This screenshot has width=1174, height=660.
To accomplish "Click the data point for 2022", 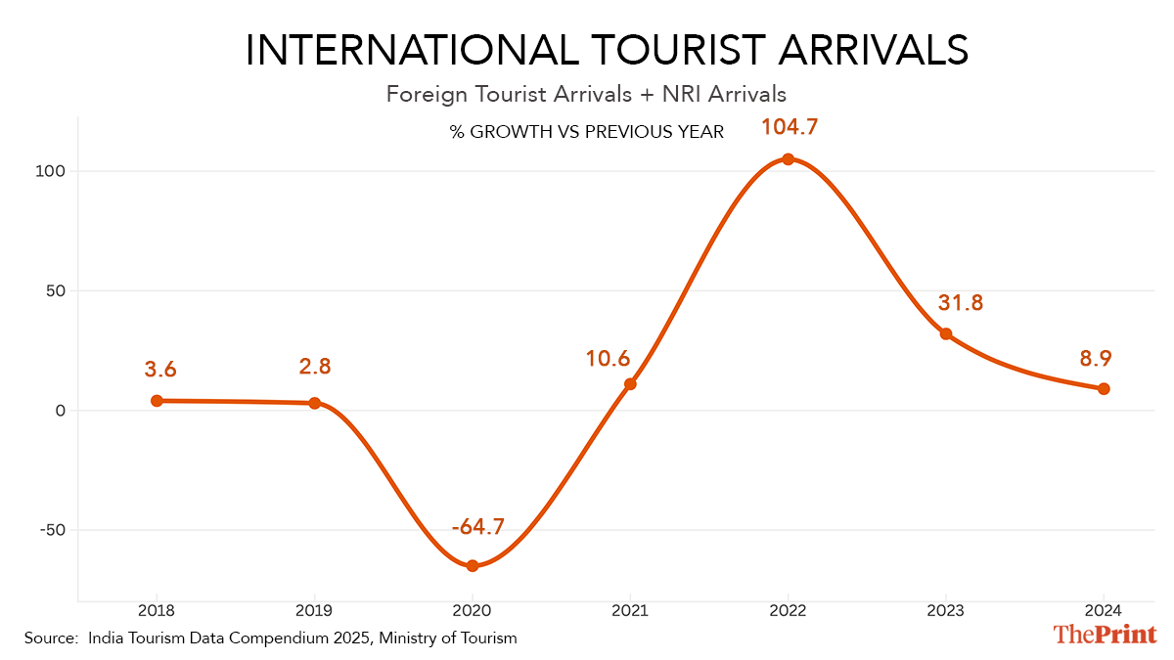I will coord(788,159).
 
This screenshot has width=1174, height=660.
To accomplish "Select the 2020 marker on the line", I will coord(473,565).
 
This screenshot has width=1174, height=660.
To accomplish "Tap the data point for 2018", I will coord(157,400).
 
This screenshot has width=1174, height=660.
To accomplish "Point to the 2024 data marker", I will coord(1104,388).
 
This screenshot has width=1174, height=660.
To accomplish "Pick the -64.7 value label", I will coord(478,528).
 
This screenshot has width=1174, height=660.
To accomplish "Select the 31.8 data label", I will coord(960,303).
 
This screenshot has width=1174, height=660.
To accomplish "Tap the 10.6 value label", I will coord(608,359).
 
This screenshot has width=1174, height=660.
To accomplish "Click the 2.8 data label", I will coord(314,368).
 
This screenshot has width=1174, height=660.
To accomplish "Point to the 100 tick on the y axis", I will coord(50,171).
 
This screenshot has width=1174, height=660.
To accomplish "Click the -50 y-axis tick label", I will coord(50,530).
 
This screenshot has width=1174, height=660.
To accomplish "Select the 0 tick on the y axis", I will coord(60,411).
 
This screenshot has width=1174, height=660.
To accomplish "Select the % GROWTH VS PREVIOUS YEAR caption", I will coord(587,132).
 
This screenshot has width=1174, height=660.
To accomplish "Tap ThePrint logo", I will coord(1105,634).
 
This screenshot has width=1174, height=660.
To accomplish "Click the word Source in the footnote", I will coord(50,638).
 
